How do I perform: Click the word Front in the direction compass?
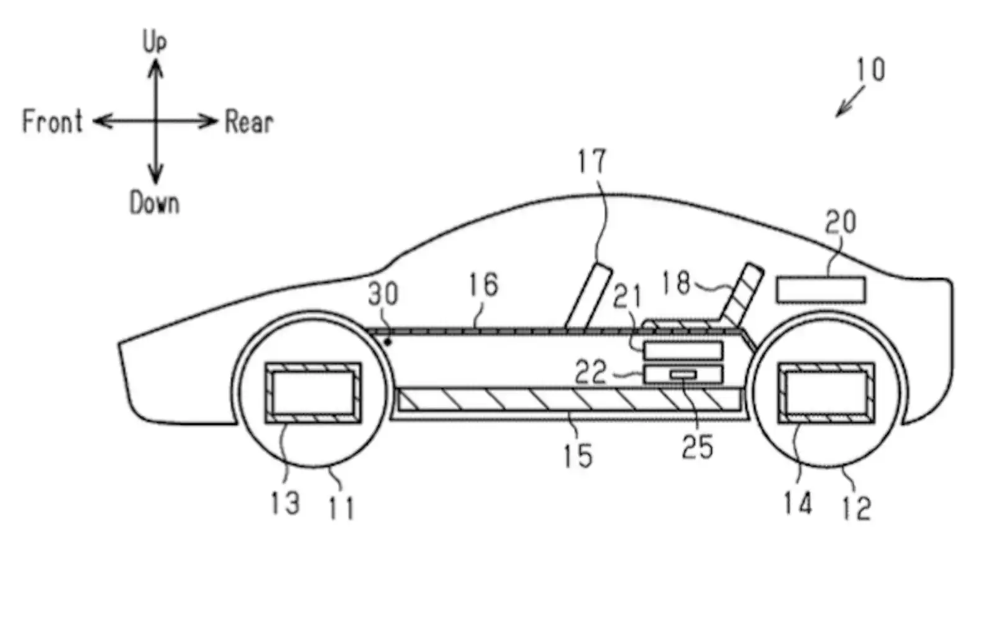52,121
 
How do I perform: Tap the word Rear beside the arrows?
248,122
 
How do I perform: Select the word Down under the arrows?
154,203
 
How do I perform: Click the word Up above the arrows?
155,42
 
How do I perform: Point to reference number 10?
870,70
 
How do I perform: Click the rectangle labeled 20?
821,290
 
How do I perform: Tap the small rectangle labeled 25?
683,374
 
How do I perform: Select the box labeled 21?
683,351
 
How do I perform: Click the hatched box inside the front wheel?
313,393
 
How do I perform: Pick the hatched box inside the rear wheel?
826,393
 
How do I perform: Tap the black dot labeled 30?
388,341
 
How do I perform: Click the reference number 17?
591,162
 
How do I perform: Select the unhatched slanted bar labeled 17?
588,296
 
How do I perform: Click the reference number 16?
483,285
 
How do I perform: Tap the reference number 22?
590,373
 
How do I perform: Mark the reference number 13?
285,503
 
